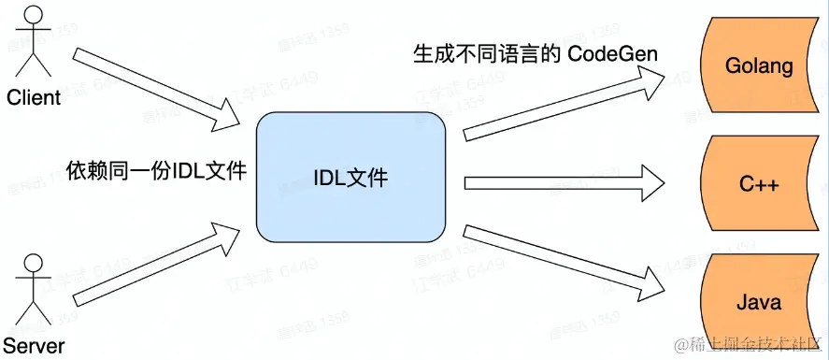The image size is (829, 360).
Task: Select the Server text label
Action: [34, 346]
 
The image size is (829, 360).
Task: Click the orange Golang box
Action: [758, 66]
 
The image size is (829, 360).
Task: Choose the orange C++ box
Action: [758, 183]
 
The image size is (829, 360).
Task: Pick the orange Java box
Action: [758, 302]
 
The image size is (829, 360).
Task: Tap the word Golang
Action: [758, 66]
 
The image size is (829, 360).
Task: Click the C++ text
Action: [758, 184]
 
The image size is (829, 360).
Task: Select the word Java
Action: [758, 302]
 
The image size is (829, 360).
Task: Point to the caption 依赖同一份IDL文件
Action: [156, 171]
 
